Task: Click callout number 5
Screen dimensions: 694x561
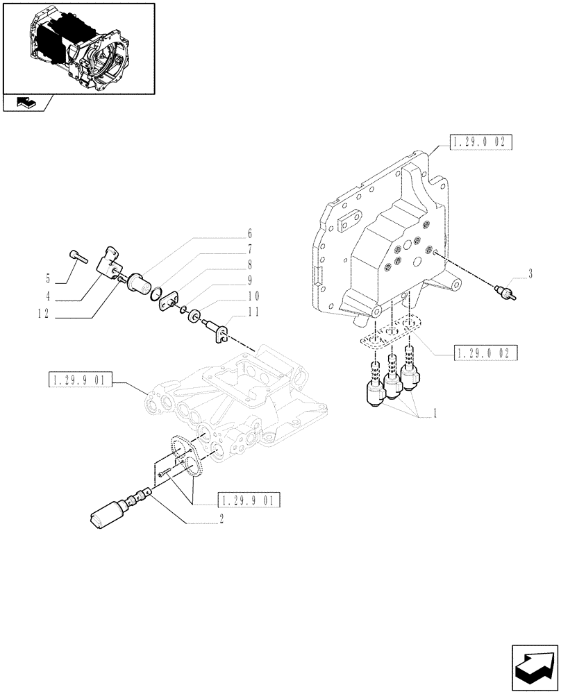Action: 49,279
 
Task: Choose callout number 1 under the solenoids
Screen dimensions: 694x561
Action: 434,414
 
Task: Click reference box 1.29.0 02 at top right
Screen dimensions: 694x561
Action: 480,144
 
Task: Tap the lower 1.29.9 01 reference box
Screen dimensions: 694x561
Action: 249,500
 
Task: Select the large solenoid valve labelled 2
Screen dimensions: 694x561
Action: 115,514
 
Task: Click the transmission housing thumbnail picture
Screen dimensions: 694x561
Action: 77,49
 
